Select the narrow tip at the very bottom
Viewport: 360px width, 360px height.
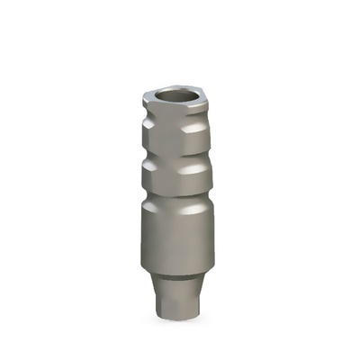pyautogui.click(x=179, y=306)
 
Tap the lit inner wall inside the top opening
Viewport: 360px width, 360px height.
pyautogui.click(x=185, y=93)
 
